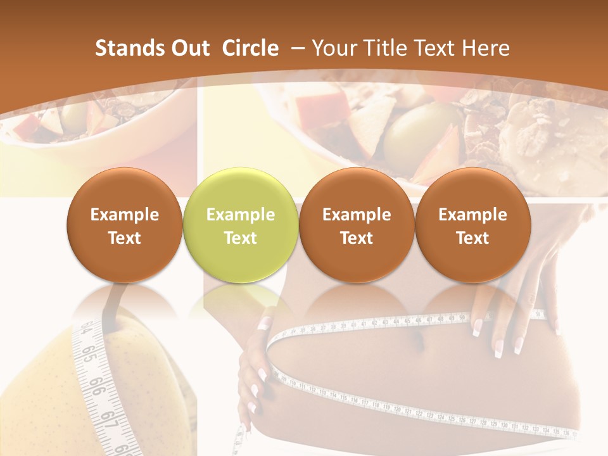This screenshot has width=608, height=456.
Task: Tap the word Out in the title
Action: pos(189,48)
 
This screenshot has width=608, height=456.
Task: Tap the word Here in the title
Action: pos(486,48)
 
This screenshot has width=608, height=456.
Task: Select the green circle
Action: pos(240,225)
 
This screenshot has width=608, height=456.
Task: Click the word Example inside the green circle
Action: pos(240,215)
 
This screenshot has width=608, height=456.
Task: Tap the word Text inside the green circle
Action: pos(240,238)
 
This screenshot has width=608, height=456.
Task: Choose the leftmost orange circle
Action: pos(124,225)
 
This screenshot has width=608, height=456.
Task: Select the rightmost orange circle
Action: pos(472,225)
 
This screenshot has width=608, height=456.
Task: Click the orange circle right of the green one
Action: pos(357,225)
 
